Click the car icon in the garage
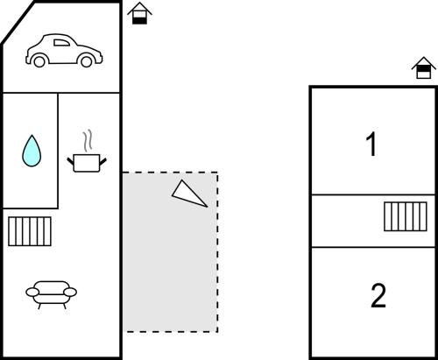click(64, 51)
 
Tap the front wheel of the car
click(87, 61)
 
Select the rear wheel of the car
click(39, 61)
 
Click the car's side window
click(61, 43)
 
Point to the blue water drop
click(32, 151)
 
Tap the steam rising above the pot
click(88, 141)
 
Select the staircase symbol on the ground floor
click(30, 231)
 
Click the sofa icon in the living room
click(52, 295)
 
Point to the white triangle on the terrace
click(188, 194)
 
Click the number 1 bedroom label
click(371, 145)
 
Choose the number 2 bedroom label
click(378, 295)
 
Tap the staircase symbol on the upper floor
click(406, 216)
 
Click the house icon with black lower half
click(139, 13)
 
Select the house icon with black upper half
click(424, 67)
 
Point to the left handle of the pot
click(70, 161)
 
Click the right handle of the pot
click(103, 161)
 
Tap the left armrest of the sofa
click(32, 292)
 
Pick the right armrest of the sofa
click(70, 292)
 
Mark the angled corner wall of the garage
click(18, 23)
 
